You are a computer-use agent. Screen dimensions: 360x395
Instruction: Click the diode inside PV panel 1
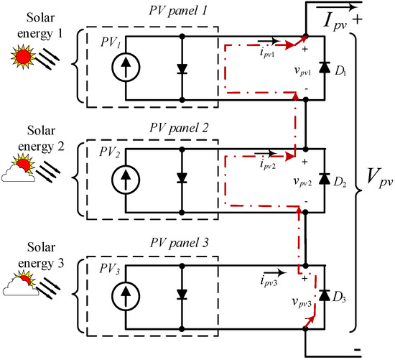(x=183, y=68)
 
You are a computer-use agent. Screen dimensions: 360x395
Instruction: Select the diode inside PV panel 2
(x=183, y=177)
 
